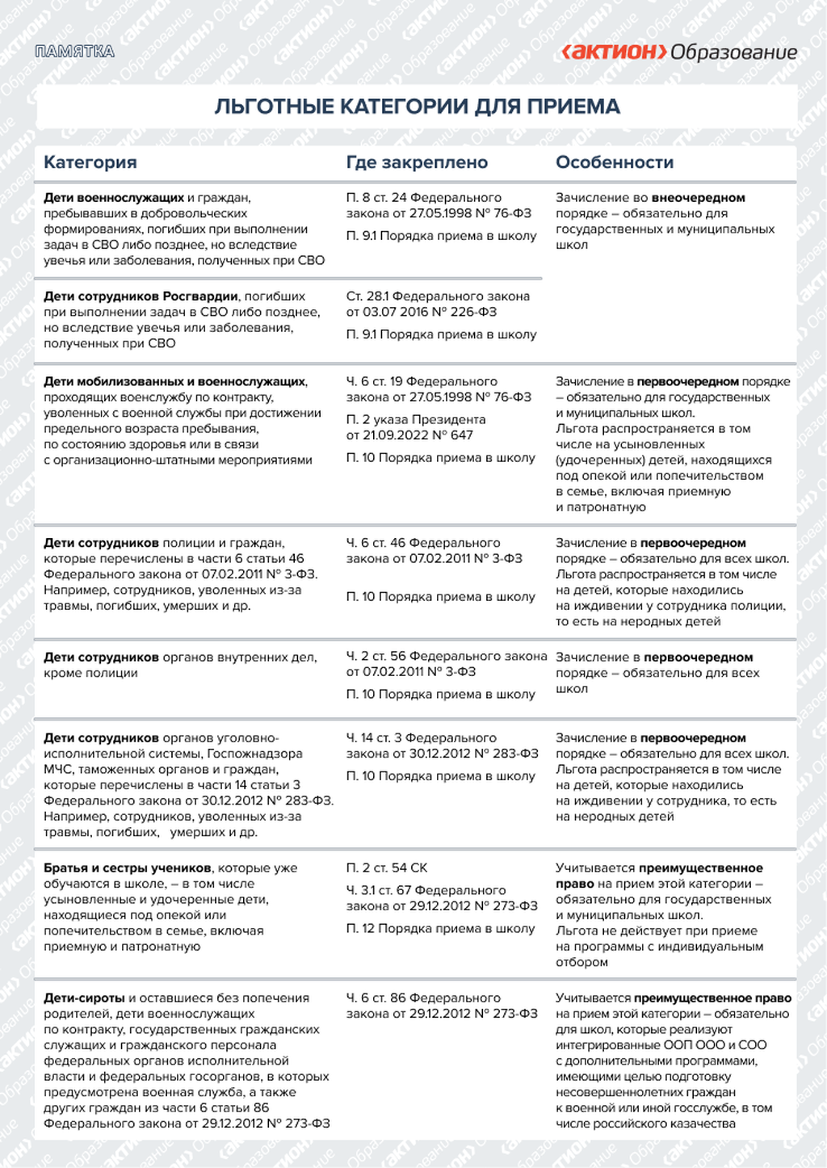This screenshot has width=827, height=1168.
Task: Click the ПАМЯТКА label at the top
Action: point(75,52)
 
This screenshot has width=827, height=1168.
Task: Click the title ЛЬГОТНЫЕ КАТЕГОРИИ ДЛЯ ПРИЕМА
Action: point(417,107)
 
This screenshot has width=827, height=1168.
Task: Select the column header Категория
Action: point(90,162)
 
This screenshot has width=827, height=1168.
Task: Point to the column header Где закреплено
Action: point(417,162)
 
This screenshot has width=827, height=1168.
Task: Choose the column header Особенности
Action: point(615,162)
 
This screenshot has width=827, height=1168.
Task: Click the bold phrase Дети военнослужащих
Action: point(114,198)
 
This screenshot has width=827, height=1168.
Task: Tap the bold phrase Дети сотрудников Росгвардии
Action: point(141,296)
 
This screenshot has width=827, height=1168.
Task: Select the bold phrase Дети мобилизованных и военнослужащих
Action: point(174,382)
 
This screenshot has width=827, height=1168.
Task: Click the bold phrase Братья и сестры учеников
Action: point(128,868)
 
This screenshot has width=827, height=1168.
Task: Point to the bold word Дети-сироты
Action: point(84,998)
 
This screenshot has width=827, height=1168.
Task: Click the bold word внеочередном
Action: point(698,198)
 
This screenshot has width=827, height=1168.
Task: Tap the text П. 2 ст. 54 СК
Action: point(387,868)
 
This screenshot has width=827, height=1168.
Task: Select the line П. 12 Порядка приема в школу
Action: point(440,929)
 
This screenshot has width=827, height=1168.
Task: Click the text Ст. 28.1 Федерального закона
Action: point(438,296)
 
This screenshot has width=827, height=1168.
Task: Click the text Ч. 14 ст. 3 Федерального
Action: point(421,738)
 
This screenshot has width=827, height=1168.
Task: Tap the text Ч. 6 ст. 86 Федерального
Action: point(423,998)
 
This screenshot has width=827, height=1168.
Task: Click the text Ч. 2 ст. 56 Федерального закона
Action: point(447,657)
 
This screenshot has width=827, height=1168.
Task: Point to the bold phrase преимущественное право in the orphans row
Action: point(712,998)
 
